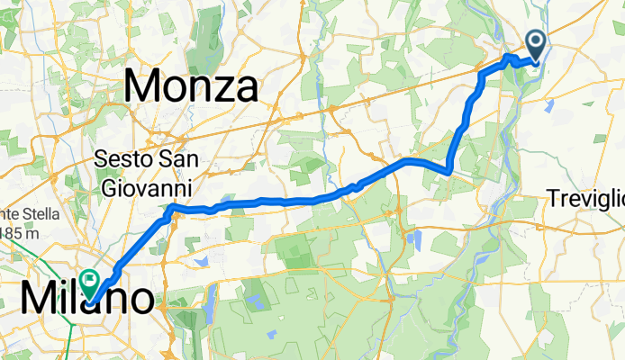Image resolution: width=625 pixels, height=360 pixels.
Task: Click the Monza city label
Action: tap(191, 86)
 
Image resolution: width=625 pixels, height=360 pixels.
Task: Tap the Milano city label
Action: tap(86, 297)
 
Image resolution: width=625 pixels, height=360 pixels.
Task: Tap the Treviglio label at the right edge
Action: tap(587, 196)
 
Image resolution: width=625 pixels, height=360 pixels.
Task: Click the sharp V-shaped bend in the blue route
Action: tap(448, 170)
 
